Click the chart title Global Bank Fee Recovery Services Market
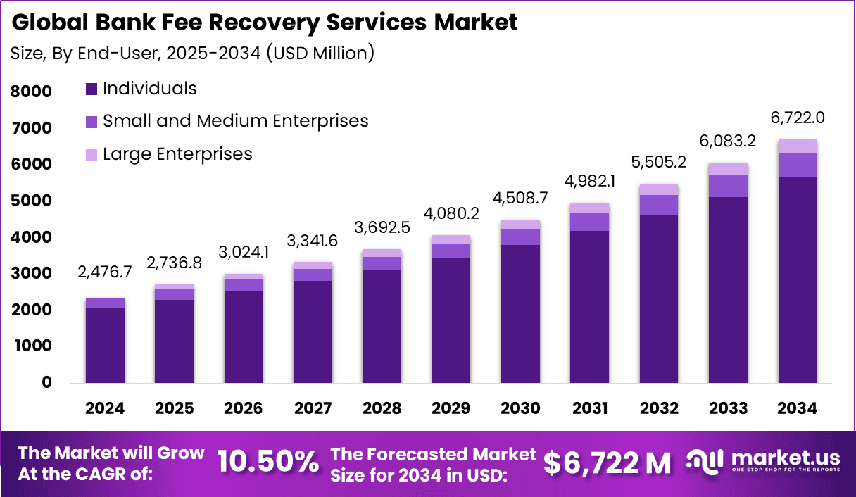click(265, 22)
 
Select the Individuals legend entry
click(149, 89)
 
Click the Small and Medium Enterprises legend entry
click(235, 121)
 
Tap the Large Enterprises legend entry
click(177, 153)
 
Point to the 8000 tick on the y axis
click(32, 92)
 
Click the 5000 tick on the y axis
click(32, 201)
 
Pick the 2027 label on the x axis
click(313, 409)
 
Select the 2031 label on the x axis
click(589, 409)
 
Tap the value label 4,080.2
click(451, 213)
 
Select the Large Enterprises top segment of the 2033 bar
click(728, 169)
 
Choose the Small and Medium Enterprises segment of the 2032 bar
click(658, 205)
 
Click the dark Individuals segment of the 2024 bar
click(106, 345)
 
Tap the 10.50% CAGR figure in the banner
click(267, 462)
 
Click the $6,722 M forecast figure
click(608, 463)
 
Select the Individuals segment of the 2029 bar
click(451, 320)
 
